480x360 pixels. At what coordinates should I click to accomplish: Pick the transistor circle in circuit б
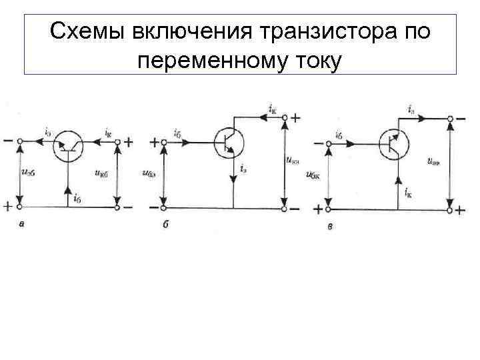(229, 141)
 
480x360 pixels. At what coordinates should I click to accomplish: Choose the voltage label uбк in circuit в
(312, 175)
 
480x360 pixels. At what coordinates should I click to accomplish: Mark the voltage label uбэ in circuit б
(149, 175)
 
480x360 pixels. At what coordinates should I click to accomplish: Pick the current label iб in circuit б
(178, 131)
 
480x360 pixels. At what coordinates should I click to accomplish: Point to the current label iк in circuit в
(407, 191)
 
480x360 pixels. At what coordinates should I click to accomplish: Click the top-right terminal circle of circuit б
(285, 118)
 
